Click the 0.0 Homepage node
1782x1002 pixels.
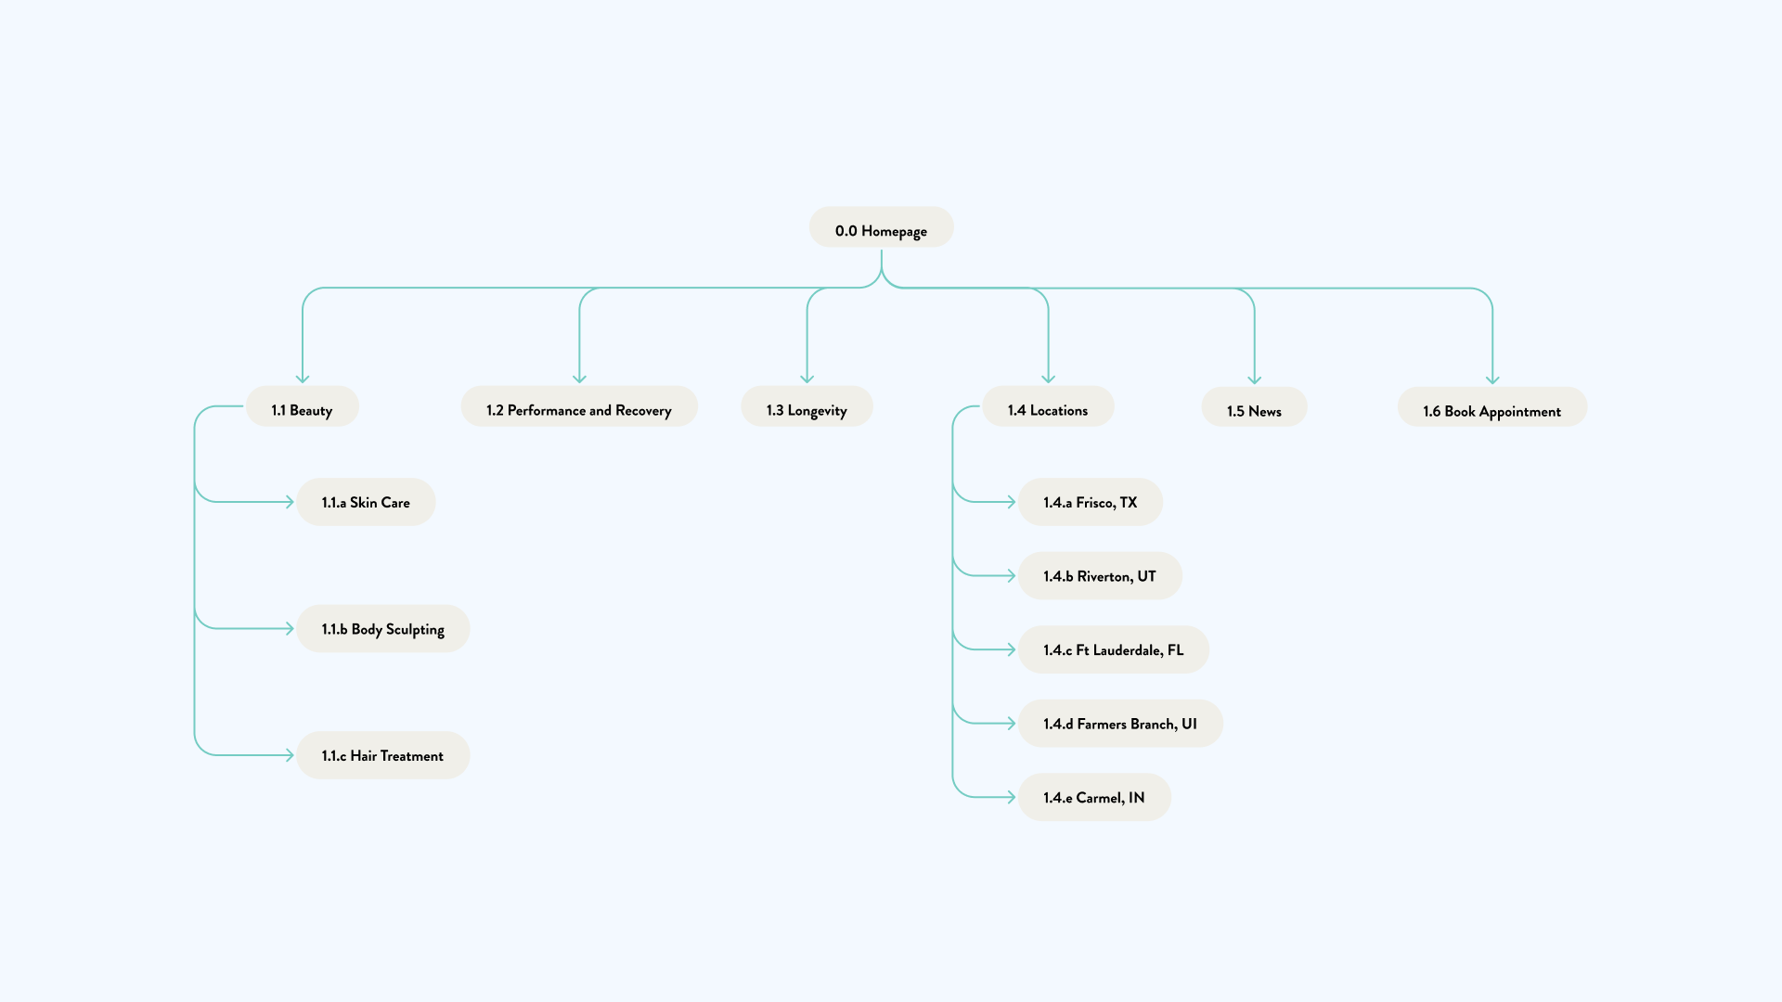click(x=881, y=228)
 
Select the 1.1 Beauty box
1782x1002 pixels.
click(x=302, y=407)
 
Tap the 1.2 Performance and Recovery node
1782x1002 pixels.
click(x=578, y=407)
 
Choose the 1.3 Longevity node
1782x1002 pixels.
click(x=807, y=407)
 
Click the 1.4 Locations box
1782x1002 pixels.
click(x=1047, y=407)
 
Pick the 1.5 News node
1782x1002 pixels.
click(x=1254, y=408)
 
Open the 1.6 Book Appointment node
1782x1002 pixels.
click(x=1491, y=408)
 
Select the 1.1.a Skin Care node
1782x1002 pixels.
click(x=366, y=502)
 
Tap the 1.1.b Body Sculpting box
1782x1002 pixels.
click(x=382, y=629)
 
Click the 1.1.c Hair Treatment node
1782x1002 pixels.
click(x=382, y=755)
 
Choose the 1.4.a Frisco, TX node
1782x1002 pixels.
click(x=1090, y=502)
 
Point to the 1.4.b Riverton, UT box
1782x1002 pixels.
click(x=1099, y=576)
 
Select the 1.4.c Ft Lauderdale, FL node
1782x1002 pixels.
click(x=1113, y=649)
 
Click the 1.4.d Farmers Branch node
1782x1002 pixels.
click(x=1119, y=724)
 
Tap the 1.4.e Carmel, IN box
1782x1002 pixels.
click(x=1093, y=797)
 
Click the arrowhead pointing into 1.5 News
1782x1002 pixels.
click(x=1254, y=379)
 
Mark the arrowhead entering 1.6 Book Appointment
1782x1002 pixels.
click(x=1492, y=379)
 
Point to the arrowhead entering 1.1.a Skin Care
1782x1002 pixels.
click(x=289, y=502)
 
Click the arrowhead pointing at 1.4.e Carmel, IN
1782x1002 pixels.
click(x=1010, y=797)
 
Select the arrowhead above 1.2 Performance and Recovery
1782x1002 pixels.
click(x=579, y=378)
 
